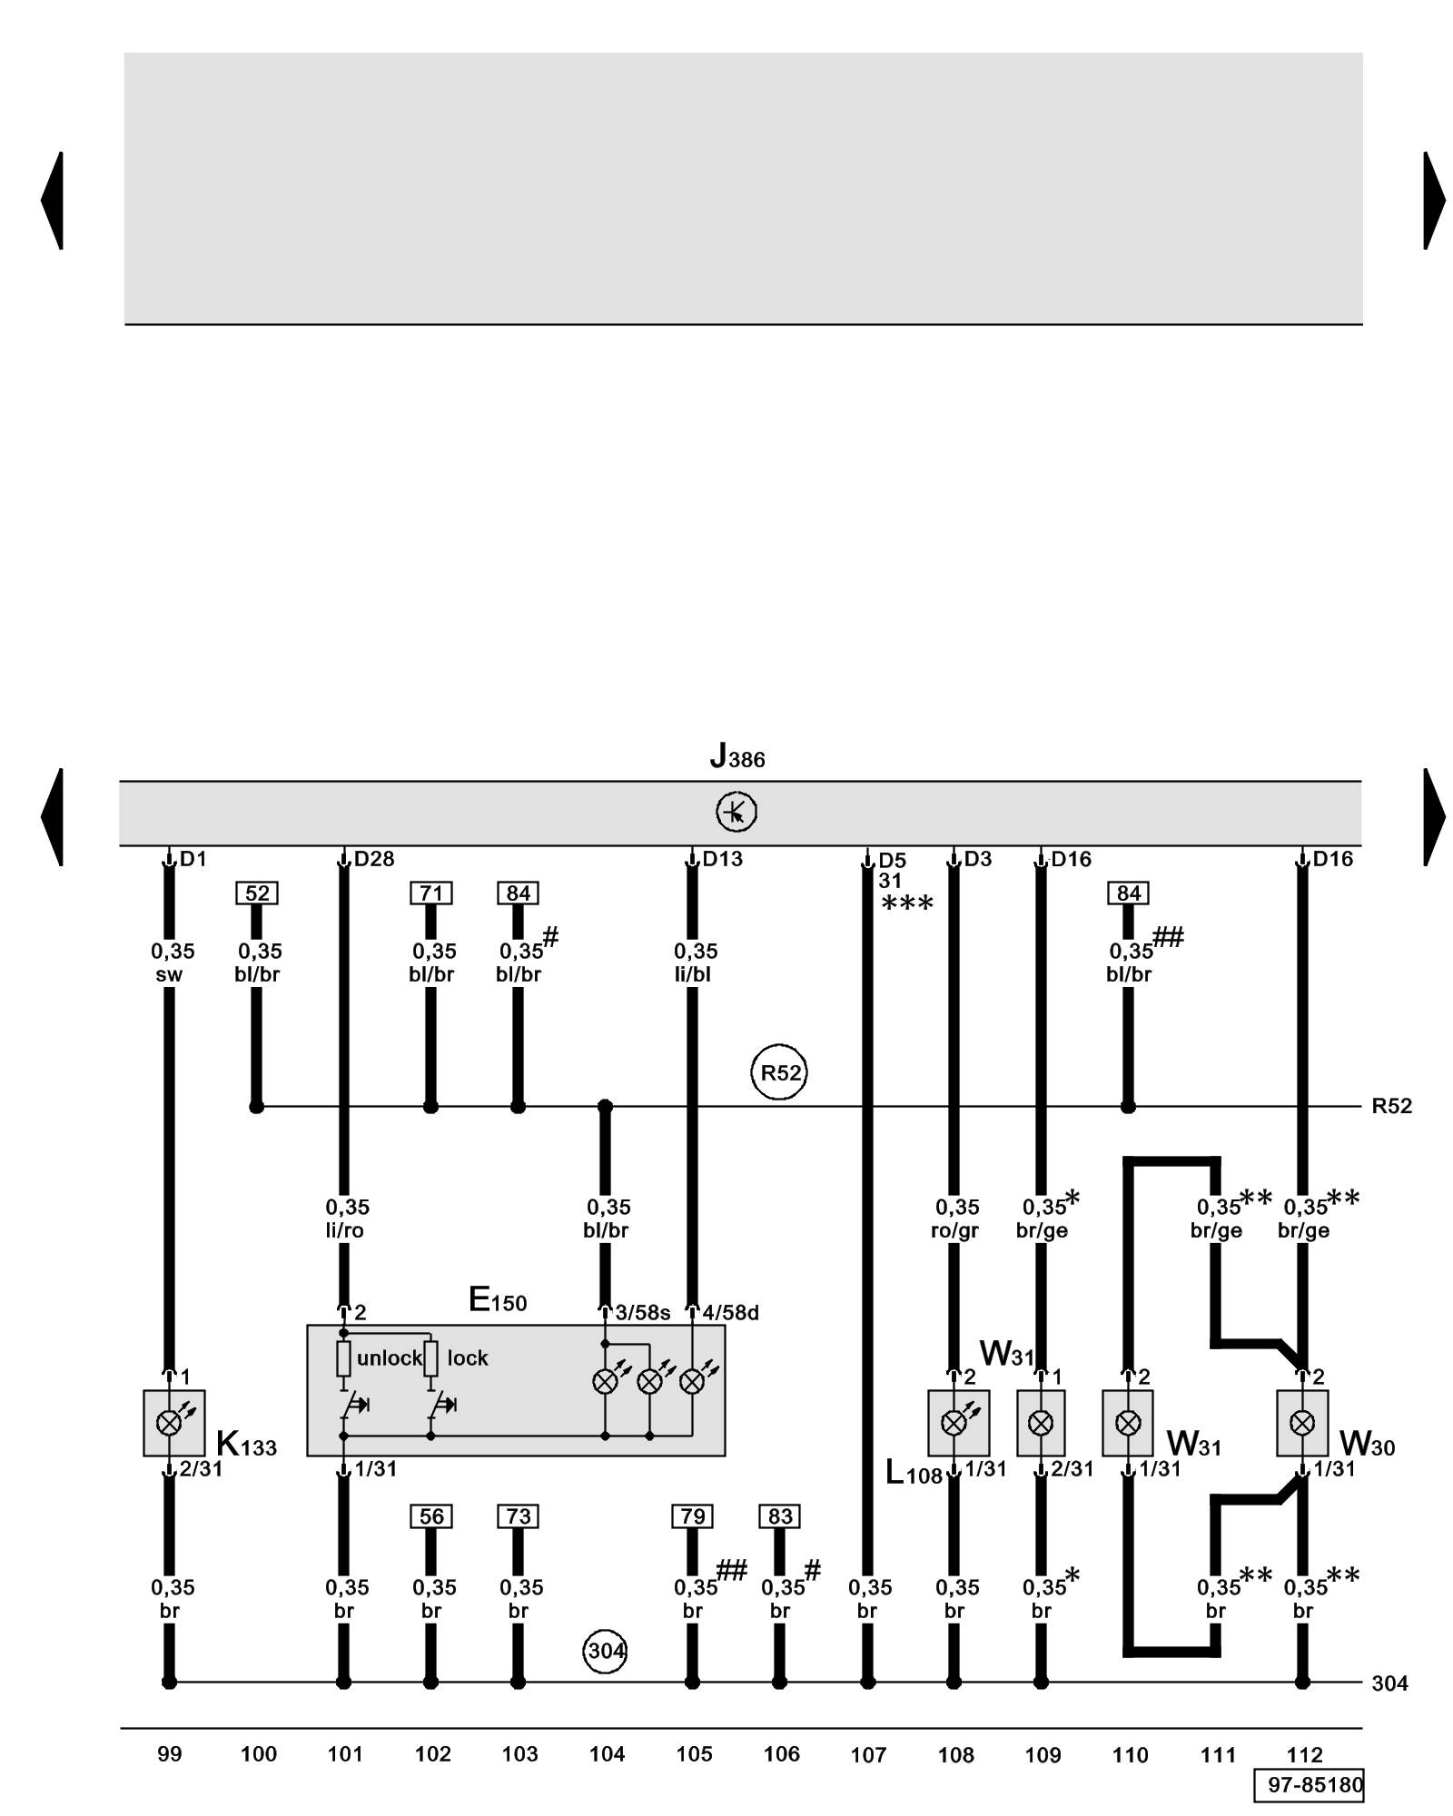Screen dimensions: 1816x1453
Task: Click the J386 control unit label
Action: coord(737,756)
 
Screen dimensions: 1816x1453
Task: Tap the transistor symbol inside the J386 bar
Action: coord(736,812)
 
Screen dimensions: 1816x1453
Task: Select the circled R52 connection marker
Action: coord(779,1072)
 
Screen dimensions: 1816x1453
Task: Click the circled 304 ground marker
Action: coord(605,1650)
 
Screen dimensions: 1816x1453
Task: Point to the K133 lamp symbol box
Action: coord(173,1423)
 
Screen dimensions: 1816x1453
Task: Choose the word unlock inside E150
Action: coord(390,1358)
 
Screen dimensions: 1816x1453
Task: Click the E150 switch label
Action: coord(498,1301)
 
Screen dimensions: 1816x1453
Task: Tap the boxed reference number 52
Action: coord(257,893)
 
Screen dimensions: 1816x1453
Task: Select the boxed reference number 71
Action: coord(431,893)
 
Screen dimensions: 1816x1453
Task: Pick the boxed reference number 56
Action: coord(431,1516)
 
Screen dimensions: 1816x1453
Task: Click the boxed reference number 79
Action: coord(693,1516)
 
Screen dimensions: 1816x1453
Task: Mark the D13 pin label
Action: coord(723,859)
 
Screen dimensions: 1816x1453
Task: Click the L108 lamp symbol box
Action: coord(958,1423)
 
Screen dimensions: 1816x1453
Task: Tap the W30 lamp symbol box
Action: coord(1302,1423)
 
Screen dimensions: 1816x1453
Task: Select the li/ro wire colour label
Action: coord(344,1231)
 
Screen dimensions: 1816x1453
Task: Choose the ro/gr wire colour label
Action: coord(954,1231)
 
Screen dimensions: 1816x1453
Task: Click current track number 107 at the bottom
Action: coord(868,1755)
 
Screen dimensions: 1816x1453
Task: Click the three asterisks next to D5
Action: coord(907,903)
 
